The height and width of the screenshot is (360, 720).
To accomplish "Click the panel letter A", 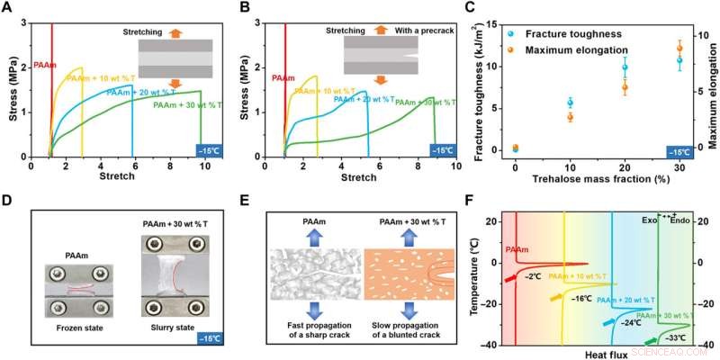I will tap(9, 9).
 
